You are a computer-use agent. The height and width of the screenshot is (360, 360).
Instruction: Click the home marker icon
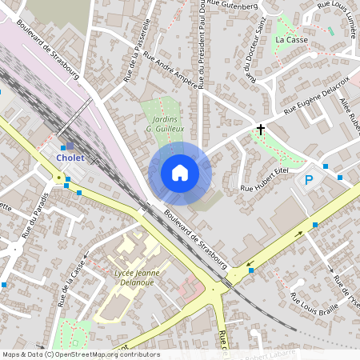pos(180,173)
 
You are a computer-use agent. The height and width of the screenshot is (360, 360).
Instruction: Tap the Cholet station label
pos(70,158)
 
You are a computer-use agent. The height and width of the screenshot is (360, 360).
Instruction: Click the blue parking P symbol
pos(309,181)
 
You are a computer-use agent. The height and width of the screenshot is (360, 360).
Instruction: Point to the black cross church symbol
pos(260,129)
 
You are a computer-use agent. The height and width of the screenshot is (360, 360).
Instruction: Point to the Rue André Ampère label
pos(170,70)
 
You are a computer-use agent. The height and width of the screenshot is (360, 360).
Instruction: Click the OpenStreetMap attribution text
pos(81,354)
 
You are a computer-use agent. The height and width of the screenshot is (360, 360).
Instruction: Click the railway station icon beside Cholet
pos(70,146)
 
